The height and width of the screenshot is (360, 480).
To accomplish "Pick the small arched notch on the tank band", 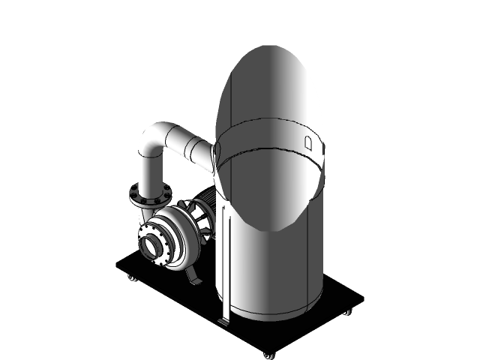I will point(307,141).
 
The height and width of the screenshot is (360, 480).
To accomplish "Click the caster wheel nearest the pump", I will point(132,278).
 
